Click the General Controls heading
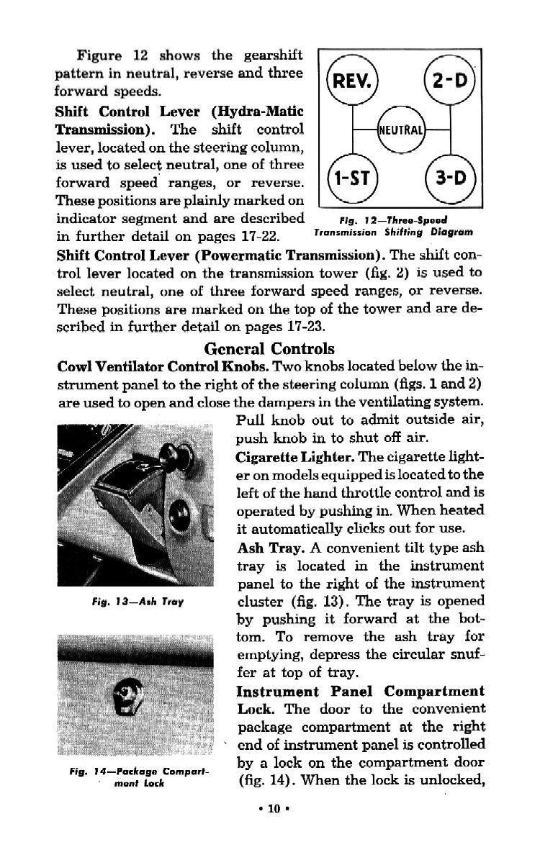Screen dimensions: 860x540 pos(270,348)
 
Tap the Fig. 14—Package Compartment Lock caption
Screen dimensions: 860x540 pos(135,777)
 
